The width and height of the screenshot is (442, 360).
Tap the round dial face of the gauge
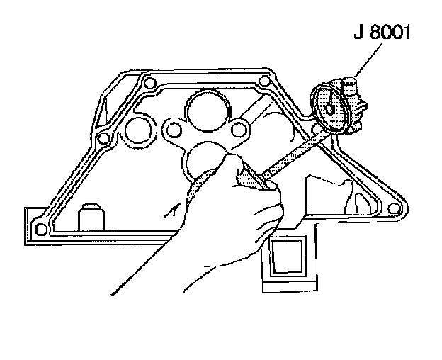tap(331, 106)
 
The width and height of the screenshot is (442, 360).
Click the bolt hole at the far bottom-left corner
tap(41, 227)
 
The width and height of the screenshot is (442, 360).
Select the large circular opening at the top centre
tap(207, 108)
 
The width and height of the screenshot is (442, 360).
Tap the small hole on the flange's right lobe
tap(240, 128)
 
